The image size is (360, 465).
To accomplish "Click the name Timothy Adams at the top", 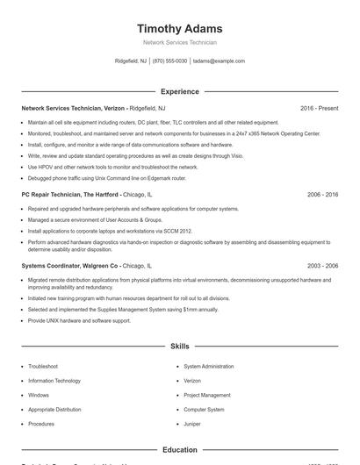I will click(179, 28).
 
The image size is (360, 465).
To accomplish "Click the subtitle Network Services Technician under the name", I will click(179, 42).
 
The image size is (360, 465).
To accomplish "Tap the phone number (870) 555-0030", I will click(169, 61).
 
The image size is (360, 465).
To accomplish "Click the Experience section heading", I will click(179, 91).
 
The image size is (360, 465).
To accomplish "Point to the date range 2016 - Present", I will click(319, 108).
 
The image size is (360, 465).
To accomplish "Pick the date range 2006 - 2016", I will click(322, 194).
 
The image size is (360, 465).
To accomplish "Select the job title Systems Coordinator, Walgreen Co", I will click(70, 265).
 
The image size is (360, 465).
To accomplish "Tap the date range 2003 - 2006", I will click(322, 265).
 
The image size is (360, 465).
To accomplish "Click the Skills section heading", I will click(179, 346).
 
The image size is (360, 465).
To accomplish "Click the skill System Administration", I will click(209, 366).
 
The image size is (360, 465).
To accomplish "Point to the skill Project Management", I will click(207, 395).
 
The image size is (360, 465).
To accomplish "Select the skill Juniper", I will click(192, 424).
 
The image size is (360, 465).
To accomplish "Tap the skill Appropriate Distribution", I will click(54, 410).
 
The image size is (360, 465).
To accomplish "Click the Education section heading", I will click(179, 450).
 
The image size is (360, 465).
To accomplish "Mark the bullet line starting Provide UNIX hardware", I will click(79, 320).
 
